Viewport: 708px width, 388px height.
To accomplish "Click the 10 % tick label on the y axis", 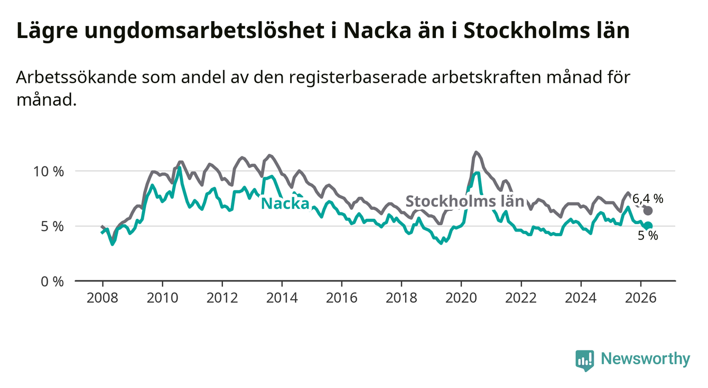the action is point(49,172).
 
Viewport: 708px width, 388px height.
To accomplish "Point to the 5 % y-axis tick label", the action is point(52,227).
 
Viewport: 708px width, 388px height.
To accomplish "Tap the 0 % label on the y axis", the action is point(52,282).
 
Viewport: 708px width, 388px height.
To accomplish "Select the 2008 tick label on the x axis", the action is point(103,298).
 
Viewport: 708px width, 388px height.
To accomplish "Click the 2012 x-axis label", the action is point(222,298).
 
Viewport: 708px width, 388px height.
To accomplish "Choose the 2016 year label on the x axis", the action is point(342,298).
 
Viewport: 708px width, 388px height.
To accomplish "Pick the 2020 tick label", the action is point(461,298).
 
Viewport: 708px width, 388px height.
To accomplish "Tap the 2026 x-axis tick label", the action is point(641,298).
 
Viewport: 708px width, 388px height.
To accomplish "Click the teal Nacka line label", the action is point(285,204).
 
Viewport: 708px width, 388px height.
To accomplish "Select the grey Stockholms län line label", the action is point(464,201).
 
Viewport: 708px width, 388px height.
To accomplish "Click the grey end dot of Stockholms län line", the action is point(648,210).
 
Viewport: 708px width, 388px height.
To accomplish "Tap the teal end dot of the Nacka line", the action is point(648,226).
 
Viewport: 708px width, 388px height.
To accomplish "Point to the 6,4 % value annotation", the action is point(648,199).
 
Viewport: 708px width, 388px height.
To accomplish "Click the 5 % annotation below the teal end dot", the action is point(648,236).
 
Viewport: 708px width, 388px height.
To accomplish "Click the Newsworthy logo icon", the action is point(585,361).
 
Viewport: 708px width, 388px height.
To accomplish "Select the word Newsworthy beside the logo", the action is point(646,358).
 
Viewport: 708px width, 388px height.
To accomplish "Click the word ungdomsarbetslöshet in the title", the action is point(204,31).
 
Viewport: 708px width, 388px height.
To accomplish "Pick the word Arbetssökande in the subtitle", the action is point(76,78).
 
